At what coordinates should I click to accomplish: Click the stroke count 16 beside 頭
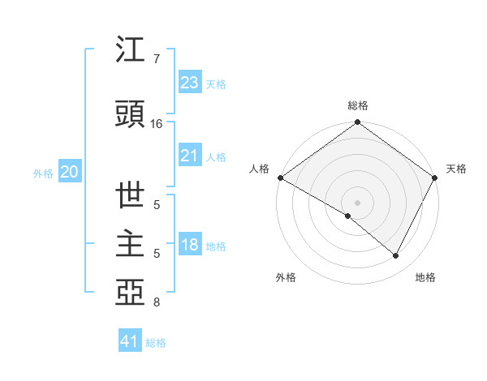156,124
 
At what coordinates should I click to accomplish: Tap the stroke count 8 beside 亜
156,303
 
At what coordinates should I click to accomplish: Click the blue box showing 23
189,82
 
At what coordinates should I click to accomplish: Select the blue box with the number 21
189,156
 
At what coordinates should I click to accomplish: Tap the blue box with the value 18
189,245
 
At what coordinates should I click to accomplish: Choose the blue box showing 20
70,171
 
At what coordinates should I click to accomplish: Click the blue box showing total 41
130,341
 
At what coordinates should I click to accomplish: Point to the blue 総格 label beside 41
156,343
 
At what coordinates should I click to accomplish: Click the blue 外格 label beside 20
43,173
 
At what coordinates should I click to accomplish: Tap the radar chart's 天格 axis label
456,169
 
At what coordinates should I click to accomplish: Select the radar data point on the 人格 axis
280,178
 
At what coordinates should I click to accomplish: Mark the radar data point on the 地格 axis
396,256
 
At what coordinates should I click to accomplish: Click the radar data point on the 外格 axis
348,216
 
